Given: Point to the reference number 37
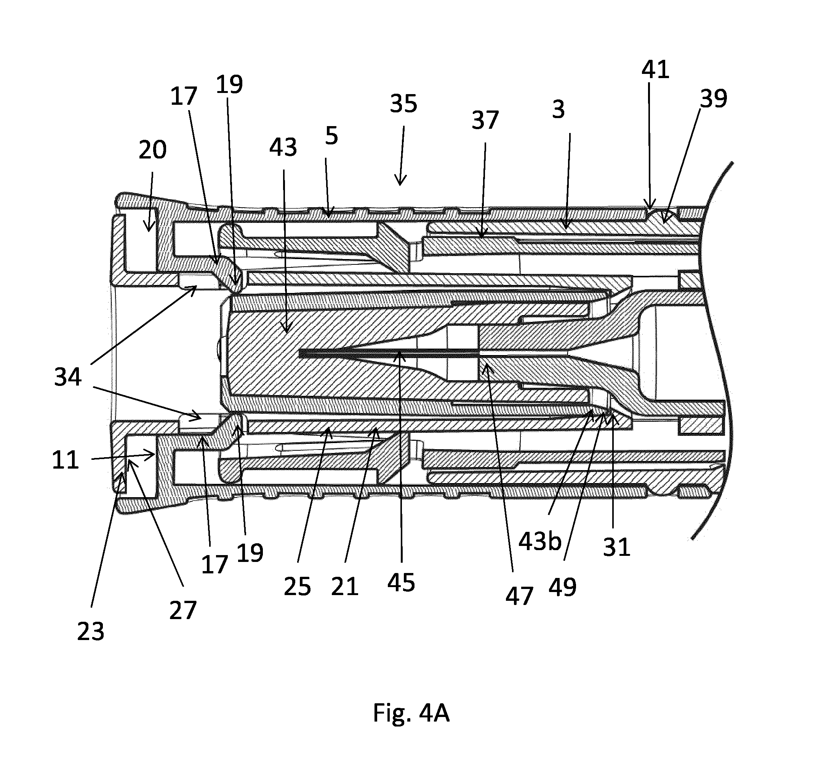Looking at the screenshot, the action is pyautogui.click(x=485, y=120).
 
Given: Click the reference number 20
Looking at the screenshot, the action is pyautogui.click(x=152, y=150).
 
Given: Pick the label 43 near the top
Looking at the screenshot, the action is pyautogui.click(x=283, y=147).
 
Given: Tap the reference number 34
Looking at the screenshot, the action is pyautogui.click(x=68, y=377).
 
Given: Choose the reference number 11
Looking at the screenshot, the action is pyautogui.click(x=65, y=460).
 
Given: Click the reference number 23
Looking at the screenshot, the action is pyautogui.click(x=91, y=632).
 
